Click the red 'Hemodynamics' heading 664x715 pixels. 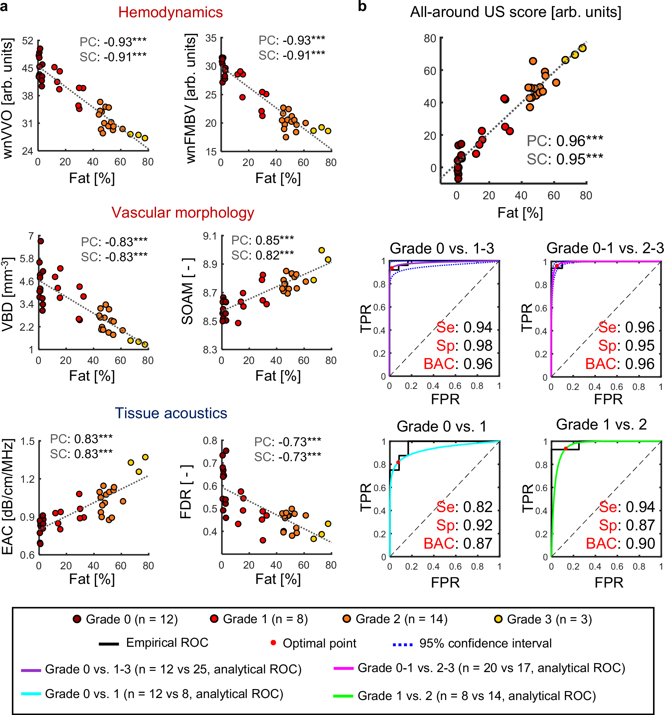coord(170,13)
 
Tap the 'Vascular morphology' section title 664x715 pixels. coord(183,213)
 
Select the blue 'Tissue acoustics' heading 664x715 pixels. coord(171,413)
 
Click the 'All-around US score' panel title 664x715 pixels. coord(516,12)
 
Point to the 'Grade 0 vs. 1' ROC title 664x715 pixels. coord(441,427)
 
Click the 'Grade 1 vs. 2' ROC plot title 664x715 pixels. coord(601,425)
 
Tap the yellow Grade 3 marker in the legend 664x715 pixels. coord(498,619)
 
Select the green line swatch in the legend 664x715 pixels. coord(343,696)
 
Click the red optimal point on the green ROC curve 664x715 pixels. coord(566,449)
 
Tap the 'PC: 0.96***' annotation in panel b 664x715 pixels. coord(565,141)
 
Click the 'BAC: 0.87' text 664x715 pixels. coord(458,544)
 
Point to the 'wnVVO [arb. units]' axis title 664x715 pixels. coord(8,98)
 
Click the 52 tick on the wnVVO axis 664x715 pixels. coord(27,41)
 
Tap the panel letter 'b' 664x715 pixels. coord(362,6)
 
